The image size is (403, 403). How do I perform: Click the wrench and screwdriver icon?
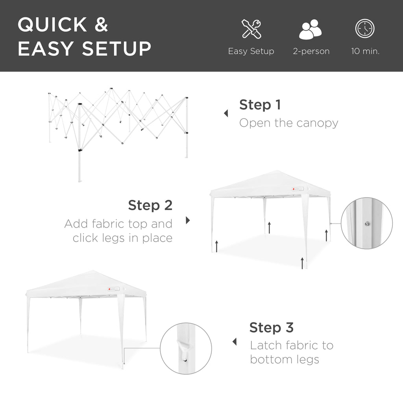251,29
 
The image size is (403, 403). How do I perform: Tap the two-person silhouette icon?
311,30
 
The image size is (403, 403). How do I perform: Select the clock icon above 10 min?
365,29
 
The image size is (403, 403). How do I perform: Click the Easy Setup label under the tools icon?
251,51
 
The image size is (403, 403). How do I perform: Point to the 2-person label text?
311,51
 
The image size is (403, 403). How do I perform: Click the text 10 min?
365,51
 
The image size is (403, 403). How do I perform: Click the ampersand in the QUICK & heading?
101,24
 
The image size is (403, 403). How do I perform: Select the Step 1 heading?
260,105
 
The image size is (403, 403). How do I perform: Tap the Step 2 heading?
150,205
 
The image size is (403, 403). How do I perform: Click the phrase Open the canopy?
288,123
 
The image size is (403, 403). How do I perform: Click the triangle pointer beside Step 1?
226,114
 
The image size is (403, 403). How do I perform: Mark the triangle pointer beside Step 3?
235,342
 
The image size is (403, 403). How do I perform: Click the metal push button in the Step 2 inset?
366,224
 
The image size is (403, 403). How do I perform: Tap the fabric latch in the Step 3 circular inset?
183,348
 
